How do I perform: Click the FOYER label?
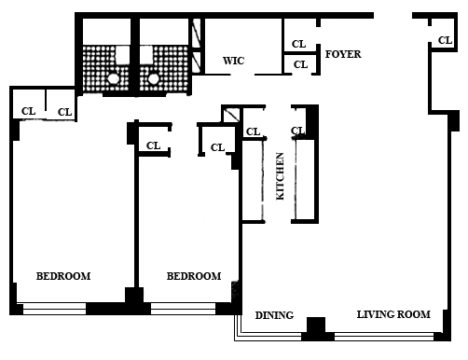(343, 54)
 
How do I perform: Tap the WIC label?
(233, 61)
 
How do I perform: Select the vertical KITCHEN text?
(280, 176)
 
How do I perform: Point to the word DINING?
(274, 315)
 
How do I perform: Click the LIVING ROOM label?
(393, 314)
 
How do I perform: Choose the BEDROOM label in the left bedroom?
(63, 276)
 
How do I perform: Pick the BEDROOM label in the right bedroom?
(194, 276)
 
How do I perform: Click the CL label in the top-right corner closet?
(445, 40)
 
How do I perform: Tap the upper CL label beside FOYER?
(298, 44)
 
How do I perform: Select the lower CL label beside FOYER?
(300, 64)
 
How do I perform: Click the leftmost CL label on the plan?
(28, 111)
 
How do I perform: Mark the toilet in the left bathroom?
(114, 79)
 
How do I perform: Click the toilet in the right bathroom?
(153, 79)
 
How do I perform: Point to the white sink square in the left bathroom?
(122, 55)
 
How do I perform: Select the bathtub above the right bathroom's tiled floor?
(164, 32)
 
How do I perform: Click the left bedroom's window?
(54, 309)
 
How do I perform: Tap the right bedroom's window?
(183, 309)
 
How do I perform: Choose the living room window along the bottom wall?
(384, 337)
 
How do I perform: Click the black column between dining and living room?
(316, 328)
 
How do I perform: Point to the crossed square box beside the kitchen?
(231, 115)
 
